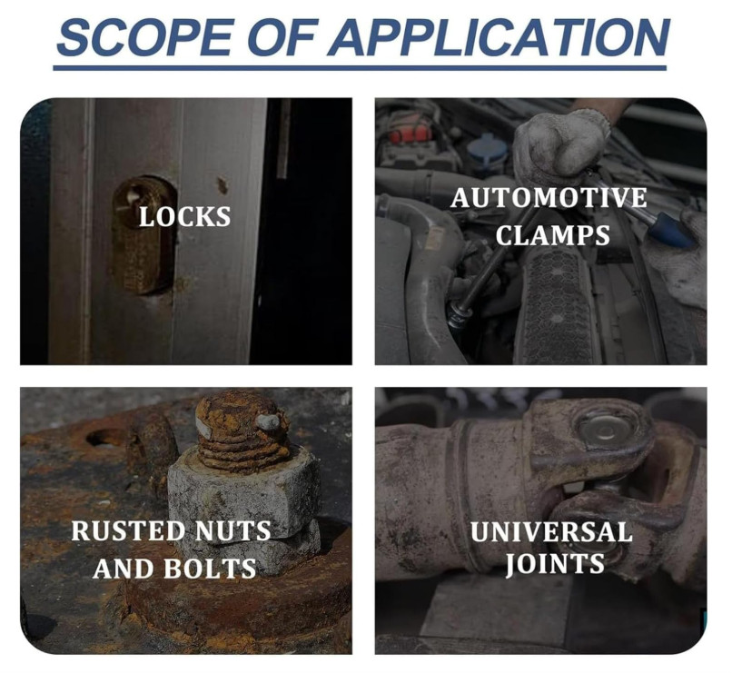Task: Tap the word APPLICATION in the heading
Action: (499, 37)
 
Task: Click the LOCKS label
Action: (185, 217)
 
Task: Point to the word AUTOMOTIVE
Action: (549, 197)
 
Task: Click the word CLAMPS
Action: (553, 234)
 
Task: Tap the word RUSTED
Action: (128, 531)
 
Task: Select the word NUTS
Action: (232, 531)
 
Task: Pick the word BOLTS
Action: (210, 569)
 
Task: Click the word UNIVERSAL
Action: (551, 532)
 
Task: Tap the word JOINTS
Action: (556, 564)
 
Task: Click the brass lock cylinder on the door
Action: (143, 236)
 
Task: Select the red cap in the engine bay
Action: (410, 133)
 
